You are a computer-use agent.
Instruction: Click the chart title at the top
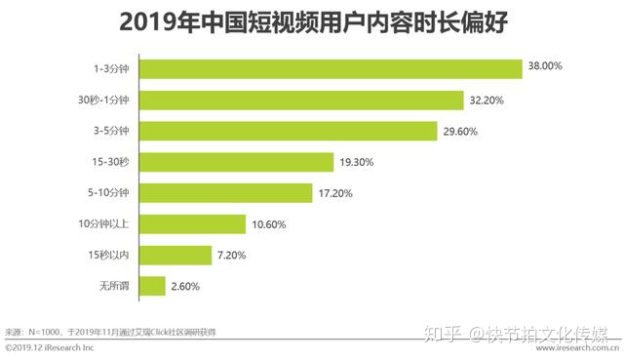tap(312, 20)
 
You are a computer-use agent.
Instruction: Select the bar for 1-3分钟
tap(331, 69)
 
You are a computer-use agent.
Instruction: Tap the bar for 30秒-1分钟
tap(301, 100)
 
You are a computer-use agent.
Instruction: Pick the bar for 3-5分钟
tap(288, 131)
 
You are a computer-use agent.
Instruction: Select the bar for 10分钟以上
tap(193, 224)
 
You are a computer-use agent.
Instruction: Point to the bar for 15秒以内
tap(175, 256)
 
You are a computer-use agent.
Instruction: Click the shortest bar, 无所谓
tap(152, 287)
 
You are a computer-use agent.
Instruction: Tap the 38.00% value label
tap(545, 67)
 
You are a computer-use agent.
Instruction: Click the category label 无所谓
tap(115, 287)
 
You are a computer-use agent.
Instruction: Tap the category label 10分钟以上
tap(110, 224)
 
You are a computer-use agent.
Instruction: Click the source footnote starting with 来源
tap(111, 332)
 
